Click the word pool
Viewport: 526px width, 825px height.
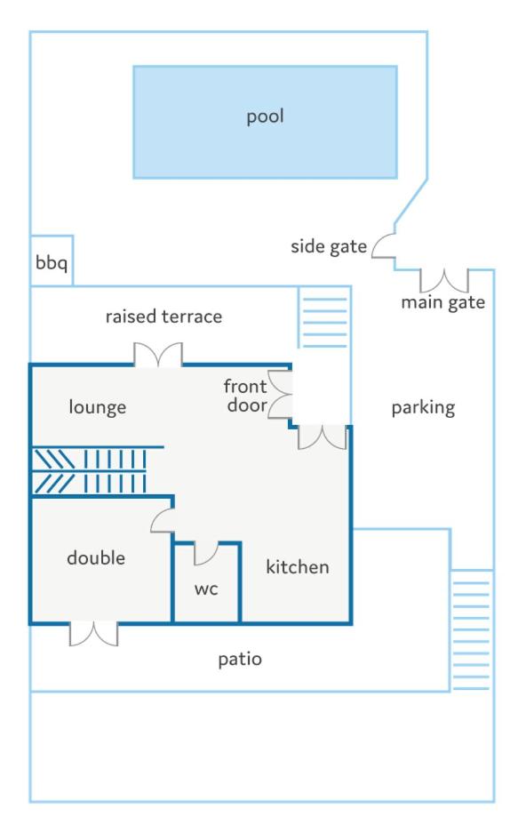265,116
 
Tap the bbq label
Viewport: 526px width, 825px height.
51,262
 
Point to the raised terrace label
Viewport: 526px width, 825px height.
163,316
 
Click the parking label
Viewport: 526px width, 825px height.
424,408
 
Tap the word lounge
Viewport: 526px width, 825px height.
98,407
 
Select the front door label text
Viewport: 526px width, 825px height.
245,396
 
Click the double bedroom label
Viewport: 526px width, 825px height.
96,557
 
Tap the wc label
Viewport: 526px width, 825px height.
206,589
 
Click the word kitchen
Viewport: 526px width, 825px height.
298,566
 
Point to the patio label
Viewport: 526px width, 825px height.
240,660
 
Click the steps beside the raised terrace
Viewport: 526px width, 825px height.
324,317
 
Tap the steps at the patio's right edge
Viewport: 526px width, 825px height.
471,630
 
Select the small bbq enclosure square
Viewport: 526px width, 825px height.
51,261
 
